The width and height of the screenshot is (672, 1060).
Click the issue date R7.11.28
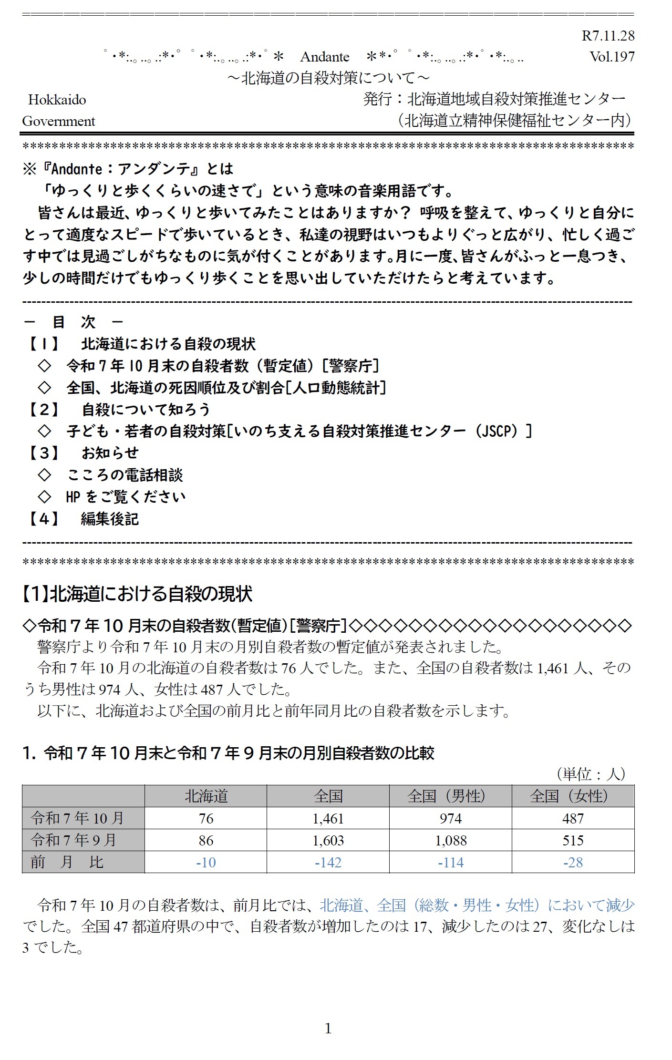click(608, 36)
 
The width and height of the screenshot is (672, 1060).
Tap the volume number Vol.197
click(612, 57)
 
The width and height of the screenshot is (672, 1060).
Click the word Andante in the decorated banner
click(324, 57)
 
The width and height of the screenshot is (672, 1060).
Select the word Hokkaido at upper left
click(57, 100)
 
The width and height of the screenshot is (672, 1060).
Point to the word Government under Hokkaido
click(59, 121)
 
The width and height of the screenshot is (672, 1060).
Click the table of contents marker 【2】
click(43, 409)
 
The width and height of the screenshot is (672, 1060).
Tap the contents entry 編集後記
click(110, 518)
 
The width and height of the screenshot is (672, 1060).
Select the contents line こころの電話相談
click(125, 475)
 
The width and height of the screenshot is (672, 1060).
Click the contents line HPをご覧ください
click(125, 497)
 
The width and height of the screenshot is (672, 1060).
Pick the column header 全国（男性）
click(450, 796)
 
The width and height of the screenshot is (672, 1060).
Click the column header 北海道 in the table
click(206, 796)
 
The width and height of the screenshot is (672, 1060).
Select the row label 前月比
click(67, 862)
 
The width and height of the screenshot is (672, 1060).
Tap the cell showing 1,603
click(328, 840)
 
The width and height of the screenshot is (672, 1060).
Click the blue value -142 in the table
click(328, 862)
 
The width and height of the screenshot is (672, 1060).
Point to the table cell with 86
click(206, 840)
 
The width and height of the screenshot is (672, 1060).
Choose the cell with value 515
click(573, 840)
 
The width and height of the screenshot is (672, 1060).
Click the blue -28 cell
click(573, 862)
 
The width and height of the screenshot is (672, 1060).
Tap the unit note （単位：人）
click(590, 773)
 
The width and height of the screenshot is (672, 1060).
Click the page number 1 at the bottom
click(328, 1029)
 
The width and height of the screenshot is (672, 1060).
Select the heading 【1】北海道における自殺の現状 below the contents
click(137, 594)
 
